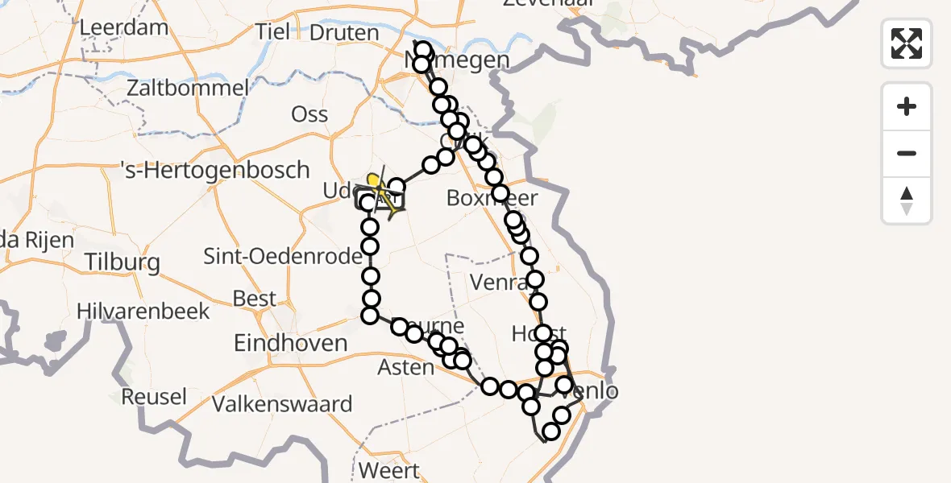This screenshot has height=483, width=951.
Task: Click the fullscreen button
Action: click(x=907, y=43)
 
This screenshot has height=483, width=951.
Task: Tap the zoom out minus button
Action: click(x=907, y=153)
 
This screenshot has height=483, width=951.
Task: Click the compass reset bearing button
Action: click(x=907, y=200)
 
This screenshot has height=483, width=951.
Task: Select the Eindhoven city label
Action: click(x=290, y=344)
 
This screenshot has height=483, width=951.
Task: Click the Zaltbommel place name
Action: click(x=186, y=88)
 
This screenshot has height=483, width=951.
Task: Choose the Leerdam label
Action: click(x=124, y=27)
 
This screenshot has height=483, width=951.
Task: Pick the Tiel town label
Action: click(x=272, y=33)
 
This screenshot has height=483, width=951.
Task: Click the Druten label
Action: click(x=344, y=33)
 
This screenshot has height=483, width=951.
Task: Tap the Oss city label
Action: click(x=309, y=114)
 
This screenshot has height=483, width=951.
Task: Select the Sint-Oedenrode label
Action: click(x=272, y=257)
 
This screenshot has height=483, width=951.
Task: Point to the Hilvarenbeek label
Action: click(x=143, y=312)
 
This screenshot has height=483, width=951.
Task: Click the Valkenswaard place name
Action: click(x=282, y=404)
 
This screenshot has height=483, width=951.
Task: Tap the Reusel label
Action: click(x=154, y=397)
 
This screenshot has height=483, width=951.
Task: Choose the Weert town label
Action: click(x=391, y=470)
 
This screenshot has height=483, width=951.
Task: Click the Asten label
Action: click(x=406, y=367)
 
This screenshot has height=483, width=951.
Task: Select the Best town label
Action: click(x=254, y=299)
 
